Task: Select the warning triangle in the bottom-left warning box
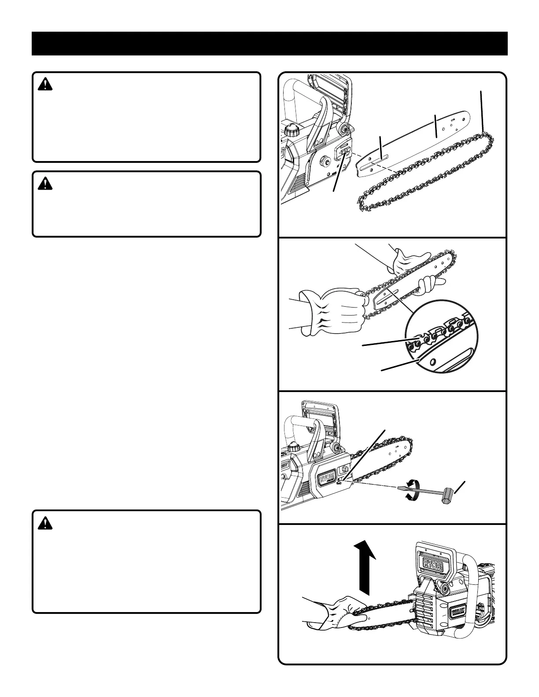pyautogui.click(x=45, y=523)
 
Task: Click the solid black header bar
pyautogui.click(x=269, y=44)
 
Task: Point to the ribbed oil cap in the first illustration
pyautogui.click(x=291, y=130)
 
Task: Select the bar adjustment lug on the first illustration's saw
pyautogui.click(x=344, y=152)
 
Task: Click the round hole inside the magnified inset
pyautogui.click(x=433, y=361)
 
